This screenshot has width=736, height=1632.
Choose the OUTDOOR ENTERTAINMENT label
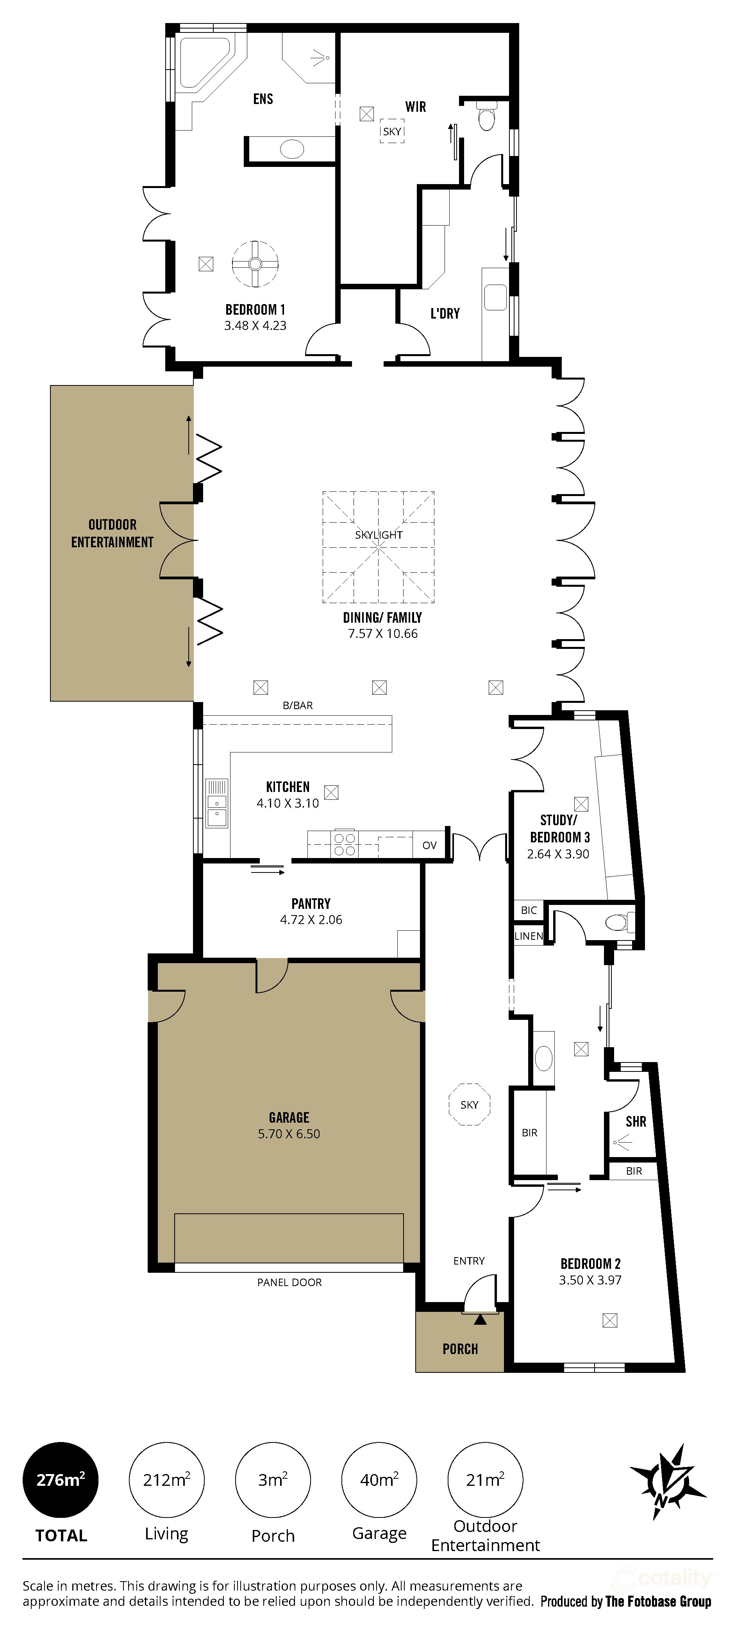112,534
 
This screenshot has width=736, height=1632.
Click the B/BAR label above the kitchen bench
298,705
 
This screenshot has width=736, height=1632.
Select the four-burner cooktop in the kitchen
345,844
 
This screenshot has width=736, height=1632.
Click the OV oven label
429,845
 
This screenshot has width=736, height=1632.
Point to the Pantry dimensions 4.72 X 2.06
311,920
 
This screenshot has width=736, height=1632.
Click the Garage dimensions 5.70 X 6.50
289,1134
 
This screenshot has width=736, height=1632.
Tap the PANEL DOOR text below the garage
289,1282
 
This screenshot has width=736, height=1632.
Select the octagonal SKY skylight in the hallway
469,1105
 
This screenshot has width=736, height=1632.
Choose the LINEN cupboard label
528,936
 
